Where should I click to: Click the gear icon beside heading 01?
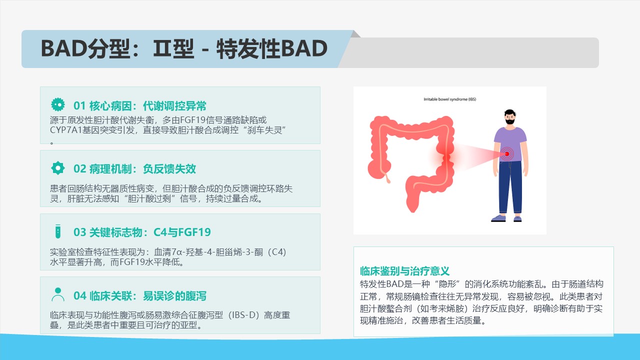(x=57, y=104)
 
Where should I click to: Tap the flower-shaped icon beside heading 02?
(x=57, y=168)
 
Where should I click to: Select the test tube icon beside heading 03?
(x=57, y=231)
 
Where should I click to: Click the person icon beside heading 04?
(x=57, y=294)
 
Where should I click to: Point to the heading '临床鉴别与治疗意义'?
(x=404, y=270)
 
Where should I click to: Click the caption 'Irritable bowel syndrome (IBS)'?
(x=449, y=99)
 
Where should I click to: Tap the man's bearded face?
(x=509, y=117)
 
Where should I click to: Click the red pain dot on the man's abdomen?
(x=507, y=154)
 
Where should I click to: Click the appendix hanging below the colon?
(x=387, y=177)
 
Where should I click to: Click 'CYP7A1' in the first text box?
(x=65, y=130)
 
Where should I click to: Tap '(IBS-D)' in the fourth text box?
(x=245, y=315)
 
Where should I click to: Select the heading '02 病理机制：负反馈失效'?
(x=134, y=169)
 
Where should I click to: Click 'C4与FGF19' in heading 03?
(x=182, y=232)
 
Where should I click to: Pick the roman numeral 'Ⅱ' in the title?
(x=161, y=48)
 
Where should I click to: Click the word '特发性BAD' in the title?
(x=271, y=48)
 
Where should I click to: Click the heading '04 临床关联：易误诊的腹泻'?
(x=139, y=296)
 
